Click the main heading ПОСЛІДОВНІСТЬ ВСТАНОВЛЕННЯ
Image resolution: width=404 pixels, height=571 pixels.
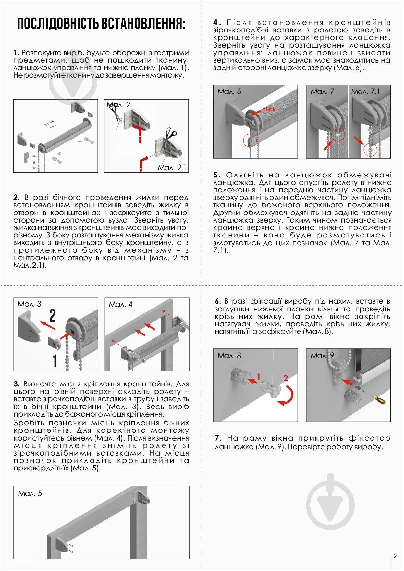point(101,24)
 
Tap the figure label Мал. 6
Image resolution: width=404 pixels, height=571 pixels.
point(229,91)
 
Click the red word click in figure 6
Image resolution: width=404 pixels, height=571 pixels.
point(269,109)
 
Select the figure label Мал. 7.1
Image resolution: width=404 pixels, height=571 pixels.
point(365,91)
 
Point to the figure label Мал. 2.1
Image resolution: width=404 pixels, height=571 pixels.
point(172,167)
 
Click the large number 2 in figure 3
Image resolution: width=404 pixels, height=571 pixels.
point(53,316)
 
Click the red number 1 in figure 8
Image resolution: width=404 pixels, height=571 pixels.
point(259,376)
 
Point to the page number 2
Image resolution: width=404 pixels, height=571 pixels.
point(395,556)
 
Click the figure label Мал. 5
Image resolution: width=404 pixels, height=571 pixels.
point(30,493)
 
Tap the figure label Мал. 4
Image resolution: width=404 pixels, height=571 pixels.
point(121,304)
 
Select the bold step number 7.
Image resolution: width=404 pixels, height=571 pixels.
point(218,438)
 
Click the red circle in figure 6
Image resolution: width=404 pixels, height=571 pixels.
point(250,141)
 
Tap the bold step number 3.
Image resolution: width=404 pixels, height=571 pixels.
point(17,384)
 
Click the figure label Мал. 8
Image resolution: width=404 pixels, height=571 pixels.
point(229,356)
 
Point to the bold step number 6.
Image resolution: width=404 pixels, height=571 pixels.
point(218,301)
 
